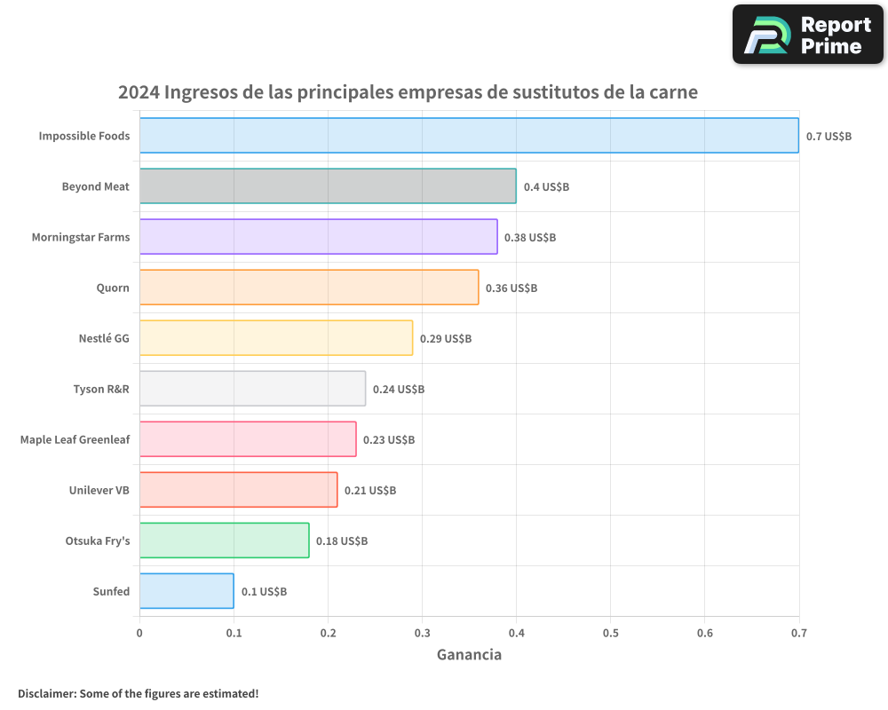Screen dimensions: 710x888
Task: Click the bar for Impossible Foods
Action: coord(469,136)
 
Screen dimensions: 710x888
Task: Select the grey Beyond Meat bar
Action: coord(328,186)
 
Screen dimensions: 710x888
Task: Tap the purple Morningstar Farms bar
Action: coord(318,237)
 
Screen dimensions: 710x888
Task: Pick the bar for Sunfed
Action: coord(186,591)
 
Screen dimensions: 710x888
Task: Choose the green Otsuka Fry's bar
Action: coord(224,540)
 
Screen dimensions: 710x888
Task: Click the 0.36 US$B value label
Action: coord(511,288)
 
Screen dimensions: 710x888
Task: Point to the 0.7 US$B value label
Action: coord(829,137)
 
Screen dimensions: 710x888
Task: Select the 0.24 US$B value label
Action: coord(399,390)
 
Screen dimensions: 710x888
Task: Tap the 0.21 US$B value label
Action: coord(370,491)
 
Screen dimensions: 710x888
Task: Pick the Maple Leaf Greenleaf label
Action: coord(75,439)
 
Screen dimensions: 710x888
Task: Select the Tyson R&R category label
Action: coord(101,389)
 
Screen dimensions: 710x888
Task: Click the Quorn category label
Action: coord(113,288)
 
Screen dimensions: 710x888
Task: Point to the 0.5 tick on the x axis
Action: coord(611,634)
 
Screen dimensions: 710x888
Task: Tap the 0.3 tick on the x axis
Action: coord(422,634)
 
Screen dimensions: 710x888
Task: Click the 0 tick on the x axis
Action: coord(139,634)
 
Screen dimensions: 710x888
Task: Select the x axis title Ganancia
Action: coord(469,655)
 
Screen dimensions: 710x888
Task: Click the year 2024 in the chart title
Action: coord(139,92)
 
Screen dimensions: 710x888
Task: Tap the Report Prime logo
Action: coord(808,35)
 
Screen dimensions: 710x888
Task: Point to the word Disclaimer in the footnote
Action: coord(46,693)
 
